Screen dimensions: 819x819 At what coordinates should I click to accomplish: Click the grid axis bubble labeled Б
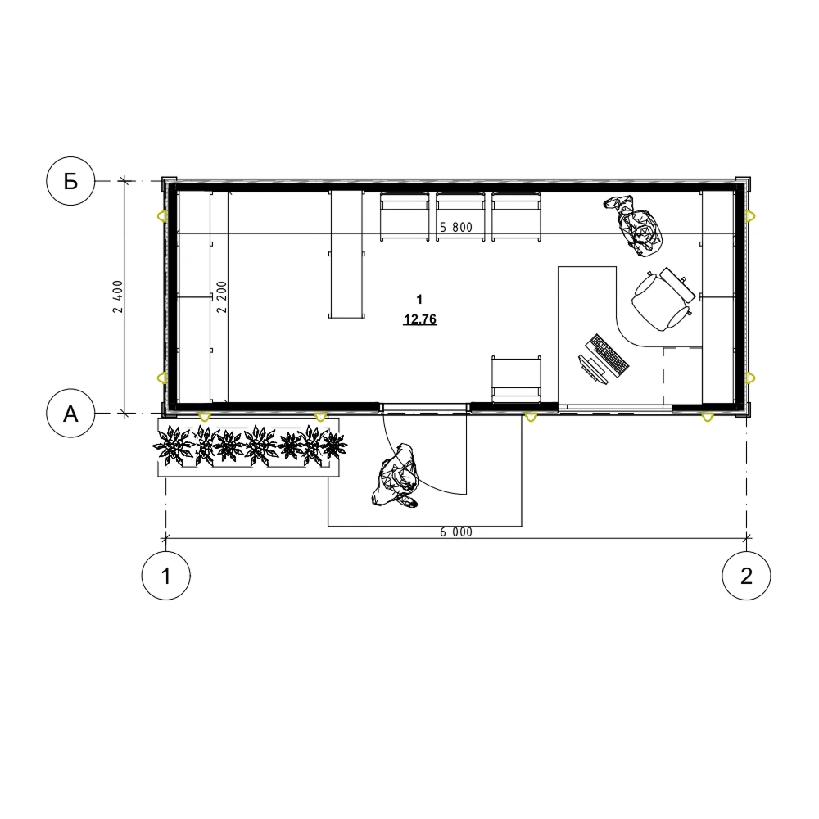pos(70,181)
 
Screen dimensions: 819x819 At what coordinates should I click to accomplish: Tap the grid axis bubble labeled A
pos(70,414)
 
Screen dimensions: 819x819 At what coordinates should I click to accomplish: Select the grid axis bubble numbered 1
pos(166,576)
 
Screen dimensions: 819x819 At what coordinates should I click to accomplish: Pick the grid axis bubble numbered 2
pos(746,576)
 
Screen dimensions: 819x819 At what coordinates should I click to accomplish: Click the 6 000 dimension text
pos(456,532)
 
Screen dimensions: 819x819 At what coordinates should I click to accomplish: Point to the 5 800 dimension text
pos(456,227)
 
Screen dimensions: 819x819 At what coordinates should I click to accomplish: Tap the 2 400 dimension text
pos(118,296)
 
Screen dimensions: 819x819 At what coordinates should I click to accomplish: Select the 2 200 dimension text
pos(222,296)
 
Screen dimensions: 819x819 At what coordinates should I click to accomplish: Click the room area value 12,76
pos(420,319)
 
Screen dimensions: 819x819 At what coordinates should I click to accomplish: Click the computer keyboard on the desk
pos(608,355)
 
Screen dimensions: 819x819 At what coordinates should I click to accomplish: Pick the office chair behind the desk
pos(662,300)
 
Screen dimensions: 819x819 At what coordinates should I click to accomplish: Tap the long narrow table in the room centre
pos(346,255)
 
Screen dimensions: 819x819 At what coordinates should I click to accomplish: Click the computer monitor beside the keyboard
pos(593,370)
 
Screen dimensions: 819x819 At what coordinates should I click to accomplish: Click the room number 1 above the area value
pos(419,299)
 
